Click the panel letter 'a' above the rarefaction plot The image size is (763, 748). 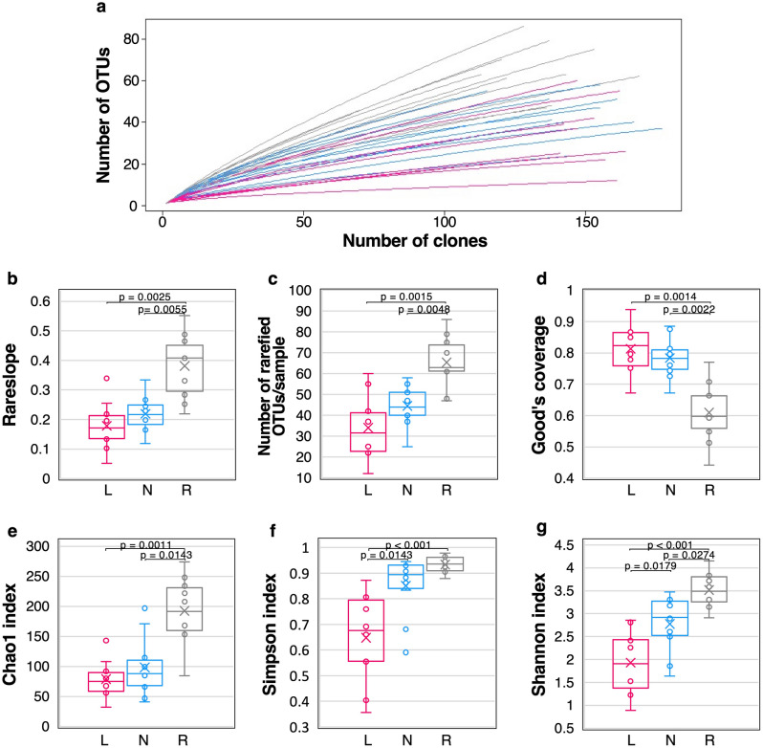pyautogui.click(x=101, y=10)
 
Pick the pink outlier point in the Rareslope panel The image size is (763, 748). pyautogui.click(x=106, y=379)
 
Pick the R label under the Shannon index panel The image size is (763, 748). pyautogui.click(x=708, y=741)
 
